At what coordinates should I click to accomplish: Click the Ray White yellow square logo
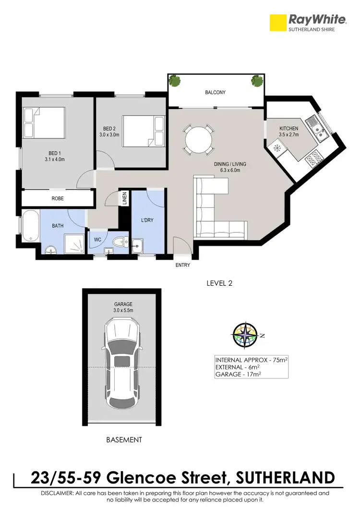pos(277,23)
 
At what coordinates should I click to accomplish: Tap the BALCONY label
pos(215,93)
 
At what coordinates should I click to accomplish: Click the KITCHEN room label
pos(289,129)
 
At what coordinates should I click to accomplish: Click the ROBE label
pos(58,198)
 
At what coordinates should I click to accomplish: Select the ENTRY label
pos(183,265)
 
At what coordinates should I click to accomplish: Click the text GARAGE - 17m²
pos(238,374)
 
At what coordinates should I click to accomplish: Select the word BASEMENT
pos(124,439)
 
